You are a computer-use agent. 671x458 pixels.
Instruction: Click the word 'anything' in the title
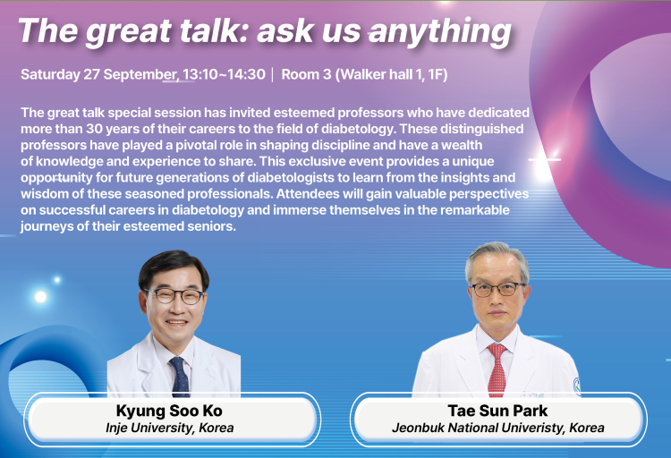tap(440, 31)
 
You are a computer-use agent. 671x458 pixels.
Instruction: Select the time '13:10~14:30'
tap(224, 74)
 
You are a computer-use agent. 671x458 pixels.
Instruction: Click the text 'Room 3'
tap(306, 74)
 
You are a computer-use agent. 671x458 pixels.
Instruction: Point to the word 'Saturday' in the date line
tap(50, 74)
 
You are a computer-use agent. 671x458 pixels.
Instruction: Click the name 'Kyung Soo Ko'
tap(169, 411)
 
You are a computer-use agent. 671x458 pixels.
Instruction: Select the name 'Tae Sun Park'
tap(497, 411)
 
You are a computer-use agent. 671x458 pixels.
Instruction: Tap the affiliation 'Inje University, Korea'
tap(169, 428)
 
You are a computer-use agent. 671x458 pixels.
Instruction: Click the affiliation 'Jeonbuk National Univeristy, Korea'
tap(498, 428)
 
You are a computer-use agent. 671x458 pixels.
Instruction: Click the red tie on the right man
tap(497, 369)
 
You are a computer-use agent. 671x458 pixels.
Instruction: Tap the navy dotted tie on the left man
tap(180, 377)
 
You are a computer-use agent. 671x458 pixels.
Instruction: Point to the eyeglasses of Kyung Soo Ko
tap(174, 295)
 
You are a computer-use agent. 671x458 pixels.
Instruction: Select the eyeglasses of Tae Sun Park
tap(497, 289)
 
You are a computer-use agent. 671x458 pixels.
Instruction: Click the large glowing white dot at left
tap(40, 296)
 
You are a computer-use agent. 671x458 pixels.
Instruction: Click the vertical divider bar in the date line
tap(273, 74)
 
